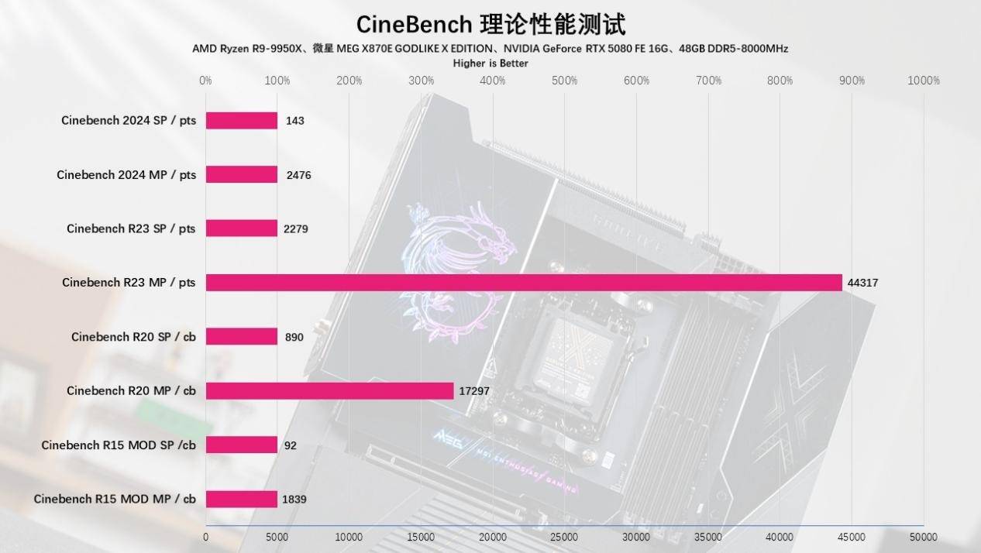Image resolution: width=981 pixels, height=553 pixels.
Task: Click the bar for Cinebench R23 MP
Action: point(524,283)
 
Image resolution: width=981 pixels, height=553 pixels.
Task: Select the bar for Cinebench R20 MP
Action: point(329,391)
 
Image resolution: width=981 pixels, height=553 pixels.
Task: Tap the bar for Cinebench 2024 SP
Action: point(241,121)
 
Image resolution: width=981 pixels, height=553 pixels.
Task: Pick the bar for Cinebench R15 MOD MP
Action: point(241,499)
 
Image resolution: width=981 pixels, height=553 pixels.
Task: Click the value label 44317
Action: point(862,283)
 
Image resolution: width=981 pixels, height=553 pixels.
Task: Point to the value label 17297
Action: point(474,391)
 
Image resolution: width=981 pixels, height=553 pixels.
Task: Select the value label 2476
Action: point(298,175)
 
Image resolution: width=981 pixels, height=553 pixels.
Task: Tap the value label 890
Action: point(294,337)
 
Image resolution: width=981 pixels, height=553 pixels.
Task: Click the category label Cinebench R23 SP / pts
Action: point(131,228)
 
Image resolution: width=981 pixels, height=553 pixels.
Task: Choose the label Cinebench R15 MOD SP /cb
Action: point(119,445)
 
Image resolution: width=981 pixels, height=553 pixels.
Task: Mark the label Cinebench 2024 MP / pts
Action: point(126,175)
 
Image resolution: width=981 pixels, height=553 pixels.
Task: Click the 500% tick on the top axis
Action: point(564,81)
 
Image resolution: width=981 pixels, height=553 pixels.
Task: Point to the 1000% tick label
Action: point(923,81)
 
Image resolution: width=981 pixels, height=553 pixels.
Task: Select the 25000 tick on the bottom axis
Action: point(564,537)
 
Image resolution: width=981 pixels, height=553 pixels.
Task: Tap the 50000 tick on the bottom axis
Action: point(923,537)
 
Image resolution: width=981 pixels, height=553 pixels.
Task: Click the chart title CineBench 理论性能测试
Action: point(490,24)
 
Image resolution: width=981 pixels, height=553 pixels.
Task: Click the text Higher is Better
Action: point(490,64)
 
